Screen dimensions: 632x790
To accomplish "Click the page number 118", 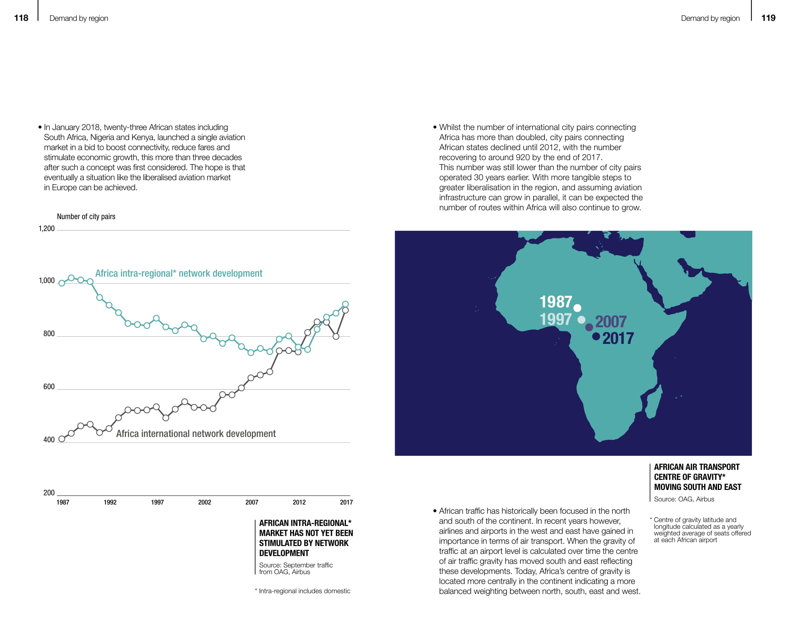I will pos(21,18).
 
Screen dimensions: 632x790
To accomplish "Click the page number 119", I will pos(768,18).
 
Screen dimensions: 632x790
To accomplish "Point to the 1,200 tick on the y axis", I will pos(47,229).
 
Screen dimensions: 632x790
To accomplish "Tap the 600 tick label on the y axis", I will pos(49,387).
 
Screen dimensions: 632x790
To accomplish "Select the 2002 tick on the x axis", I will pos(205,502).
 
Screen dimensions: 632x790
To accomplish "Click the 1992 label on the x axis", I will pos(110,502).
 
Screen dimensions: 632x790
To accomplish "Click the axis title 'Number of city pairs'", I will pos(86,217).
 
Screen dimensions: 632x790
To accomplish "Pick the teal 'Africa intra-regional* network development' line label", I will pos(179,273).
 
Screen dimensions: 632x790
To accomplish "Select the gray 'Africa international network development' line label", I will pos(196,434).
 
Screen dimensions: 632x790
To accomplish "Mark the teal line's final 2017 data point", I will pos(345,304).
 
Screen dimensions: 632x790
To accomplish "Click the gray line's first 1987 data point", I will pos(62,439).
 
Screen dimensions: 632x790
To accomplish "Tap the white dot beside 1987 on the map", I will pos(577,308).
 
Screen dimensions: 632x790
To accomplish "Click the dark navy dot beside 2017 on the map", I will pos(596,336).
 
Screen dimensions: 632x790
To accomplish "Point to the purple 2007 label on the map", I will pos(611,321).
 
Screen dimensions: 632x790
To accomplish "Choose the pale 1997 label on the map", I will pos(555,319).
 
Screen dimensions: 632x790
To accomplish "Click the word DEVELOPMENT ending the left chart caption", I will pos(284,553).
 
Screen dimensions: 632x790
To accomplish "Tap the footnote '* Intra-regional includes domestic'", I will pos(303,591).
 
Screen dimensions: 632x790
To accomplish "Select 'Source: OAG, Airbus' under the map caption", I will pos(684,499).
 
